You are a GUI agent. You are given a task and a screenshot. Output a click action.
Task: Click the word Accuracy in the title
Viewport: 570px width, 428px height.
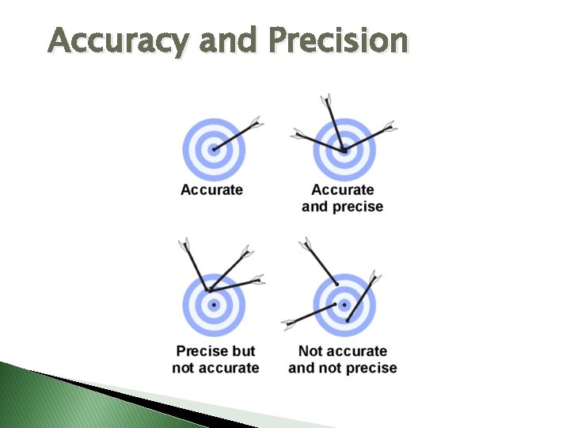point(119,40)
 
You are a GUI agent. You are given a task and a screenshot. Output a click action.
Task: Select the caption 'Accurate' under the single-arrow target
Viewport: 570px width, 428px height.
point(211,189)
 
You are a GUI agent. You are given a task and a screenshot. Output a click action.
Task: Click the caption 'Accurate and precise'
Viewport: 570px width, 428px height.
point(343,198)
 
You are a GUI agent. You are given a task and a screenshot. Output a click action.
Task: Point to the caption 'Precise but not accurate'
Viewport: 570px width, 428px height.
point(215,359)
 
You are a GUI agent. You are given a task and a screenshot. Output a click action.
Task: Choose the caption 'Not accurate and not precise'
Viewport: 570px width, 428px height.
point(343,359)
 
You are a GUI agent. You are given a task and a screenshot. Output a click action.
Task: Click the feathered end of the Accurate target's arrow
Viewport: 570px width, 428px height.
point(256,122)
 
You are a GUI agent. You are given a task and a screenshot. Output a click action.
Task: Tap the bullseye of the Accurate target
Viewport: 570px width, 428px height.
point(214,150)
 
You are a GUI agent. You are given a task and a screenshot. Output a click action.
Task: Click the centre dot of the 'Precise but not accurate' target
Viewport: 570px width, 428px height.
point(214,305)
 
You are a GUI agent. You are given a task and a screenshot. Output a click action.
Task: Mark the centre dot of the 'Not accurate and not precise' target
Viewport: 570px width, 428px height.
point(344,305)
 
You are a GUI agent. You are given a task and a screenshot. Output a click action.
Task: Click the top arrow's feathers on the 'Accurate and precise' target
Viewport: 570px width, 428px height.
point(326,100)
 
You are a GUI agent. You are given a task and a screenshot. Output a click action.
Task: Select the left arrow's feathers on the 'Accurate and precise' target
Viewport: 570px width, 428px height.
point(298,134)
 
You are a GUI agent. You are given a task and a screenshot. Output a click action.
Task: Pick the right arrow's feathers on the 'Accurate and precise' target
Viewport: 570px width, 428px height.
point(389,127)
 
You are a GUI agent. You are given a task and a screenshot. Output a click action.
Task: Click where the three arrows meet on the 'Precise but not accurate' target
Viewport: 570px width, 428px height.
point(209,290)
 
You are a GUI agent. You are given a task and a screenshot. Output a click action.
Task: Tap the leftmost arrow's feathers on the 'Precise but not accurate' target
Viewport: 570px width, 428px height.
point(184,244)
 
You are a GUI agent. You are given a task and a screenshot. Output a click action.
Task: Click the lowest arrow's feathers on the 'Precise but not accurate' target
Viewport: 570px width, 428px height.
point(258,280)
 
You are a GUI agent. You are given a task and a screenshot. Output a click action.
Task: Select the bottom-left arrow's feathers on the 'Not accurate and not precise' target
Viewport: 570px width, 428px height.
point(289,323)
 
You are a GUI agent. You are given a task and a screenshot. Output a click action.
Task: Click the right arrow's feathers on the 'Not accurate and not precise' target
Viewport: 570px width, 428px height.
point(374,277)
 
